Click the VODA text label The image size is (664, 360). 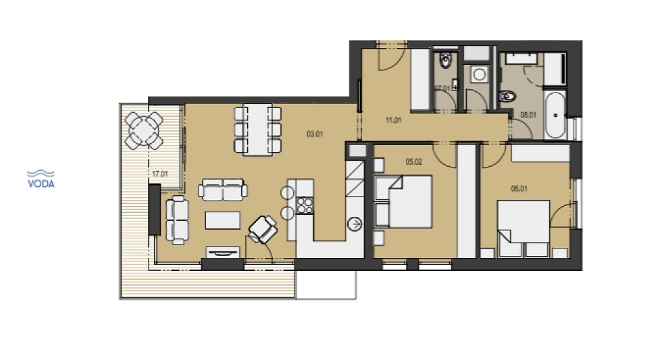point(41,184)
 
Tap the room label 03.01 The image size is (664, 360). point(315,134)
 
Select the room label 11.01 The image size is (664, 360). point(393,120)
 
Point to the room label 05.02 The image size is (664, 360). point(413,162)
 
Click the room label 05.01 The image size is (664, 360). point(519,188)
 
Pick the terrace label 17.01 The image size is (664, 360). point(160,174)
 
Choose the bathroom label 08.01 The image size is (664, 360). point(528,115)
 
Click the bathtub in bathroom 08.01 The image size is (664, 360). point(555,115)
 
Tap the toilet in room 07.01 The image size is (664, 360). point(445,61)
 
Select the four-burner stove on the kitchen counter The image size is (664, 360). point(305,206)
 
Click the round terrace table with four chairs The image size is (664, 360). point(144,131)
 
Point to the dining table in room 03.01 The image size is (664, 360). point(258,130)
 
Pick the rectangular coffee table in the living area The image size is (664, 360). point(223,220)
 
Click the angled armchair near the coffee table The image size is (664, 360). point(263,230)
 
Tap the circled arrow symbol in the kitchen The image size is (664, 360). point(355,224)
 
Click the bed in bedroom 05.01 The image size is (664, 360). point(523,228)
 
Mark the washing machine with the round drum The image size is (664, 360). point(479,74)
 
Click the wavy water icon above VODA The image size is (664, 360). point(41,174)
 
